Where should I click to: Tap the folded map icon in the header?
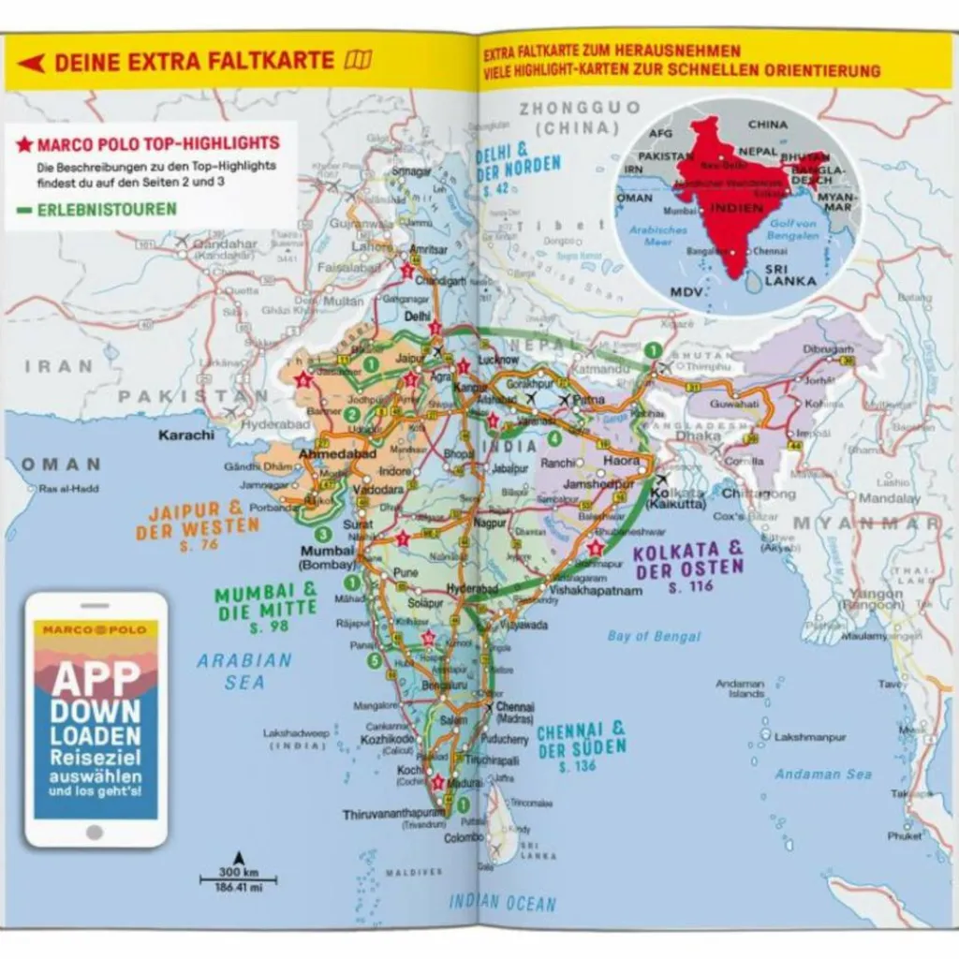tap(357, 61)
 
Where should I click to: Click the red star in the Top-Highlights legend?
tap(24, 144)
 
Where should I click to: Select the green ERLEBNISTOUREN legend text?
tap(107, 209)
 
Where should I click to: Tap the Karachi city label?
tap(186, 435)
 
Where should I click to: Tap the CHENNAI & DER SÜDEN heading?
tap(581, 743)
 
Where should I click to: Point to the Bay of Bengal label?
tap(654, 637)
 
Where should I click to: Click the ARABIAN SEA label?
tap(244, 671)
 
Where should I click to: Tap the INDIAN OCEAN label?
tap(502, 904)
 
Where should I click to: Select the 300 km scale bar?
tap(238, 878)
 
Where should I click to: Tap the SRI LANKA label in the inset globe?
tap(789, 273)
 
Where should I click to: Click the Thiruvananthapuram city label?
tap(392, 814)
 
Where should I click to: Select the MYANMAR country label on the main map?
tap(866, 524)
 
